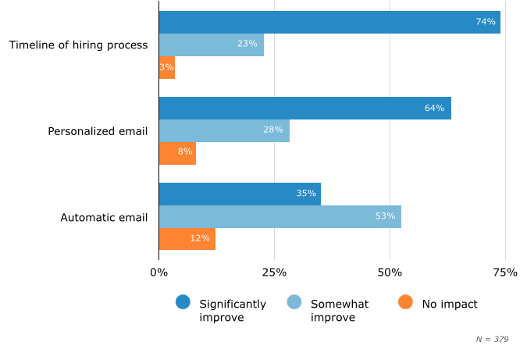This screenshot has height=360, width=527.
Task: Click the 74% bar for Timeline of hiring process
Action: (329, 22)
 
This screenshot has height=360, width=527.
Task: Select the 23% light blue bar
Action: (212, 45)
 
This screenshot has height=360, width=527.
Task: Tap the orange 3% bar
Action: (166, 67)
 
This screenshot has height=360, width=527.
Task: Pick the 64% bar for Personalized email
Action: (305, 108)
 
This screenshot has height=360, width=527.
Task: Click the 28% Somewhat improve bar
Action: (224, 130)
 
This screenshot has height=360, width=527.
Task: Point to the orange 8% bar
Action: (177, 153)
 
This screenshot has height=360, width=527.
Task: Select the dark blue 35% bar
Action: (240, 194)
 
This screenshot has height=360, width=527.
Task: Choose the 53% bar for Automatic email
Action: (280, 216)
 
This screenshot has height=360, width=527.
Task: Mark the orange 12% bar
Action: (187, 239)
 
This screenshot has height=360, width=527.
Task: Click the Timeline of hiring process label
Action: (78, 45)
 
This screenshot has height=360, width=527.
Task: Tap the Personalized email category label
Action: (98, 131)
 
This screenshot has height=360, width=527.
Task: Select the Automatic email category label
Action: (104, 217)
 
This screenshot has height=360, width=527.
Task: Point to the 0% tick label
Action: (158, 273)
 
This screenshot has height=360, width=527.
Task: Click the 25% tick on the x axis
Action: (274, 273)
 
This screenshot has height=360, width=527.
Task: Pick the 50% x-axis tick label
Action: (390, 273)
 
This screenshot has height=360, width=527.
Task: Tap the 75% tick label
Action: (505, 273)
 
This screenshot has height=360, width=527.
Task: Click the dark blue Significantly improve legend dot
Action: (183, 303)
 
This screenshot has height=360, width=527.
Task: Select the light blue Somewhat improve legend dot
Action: (294, 303)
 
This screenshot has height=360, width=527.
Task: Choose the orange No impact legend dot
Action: (405, 303)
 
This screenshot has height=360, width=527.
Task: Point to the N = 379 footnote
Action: (492, 339)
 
